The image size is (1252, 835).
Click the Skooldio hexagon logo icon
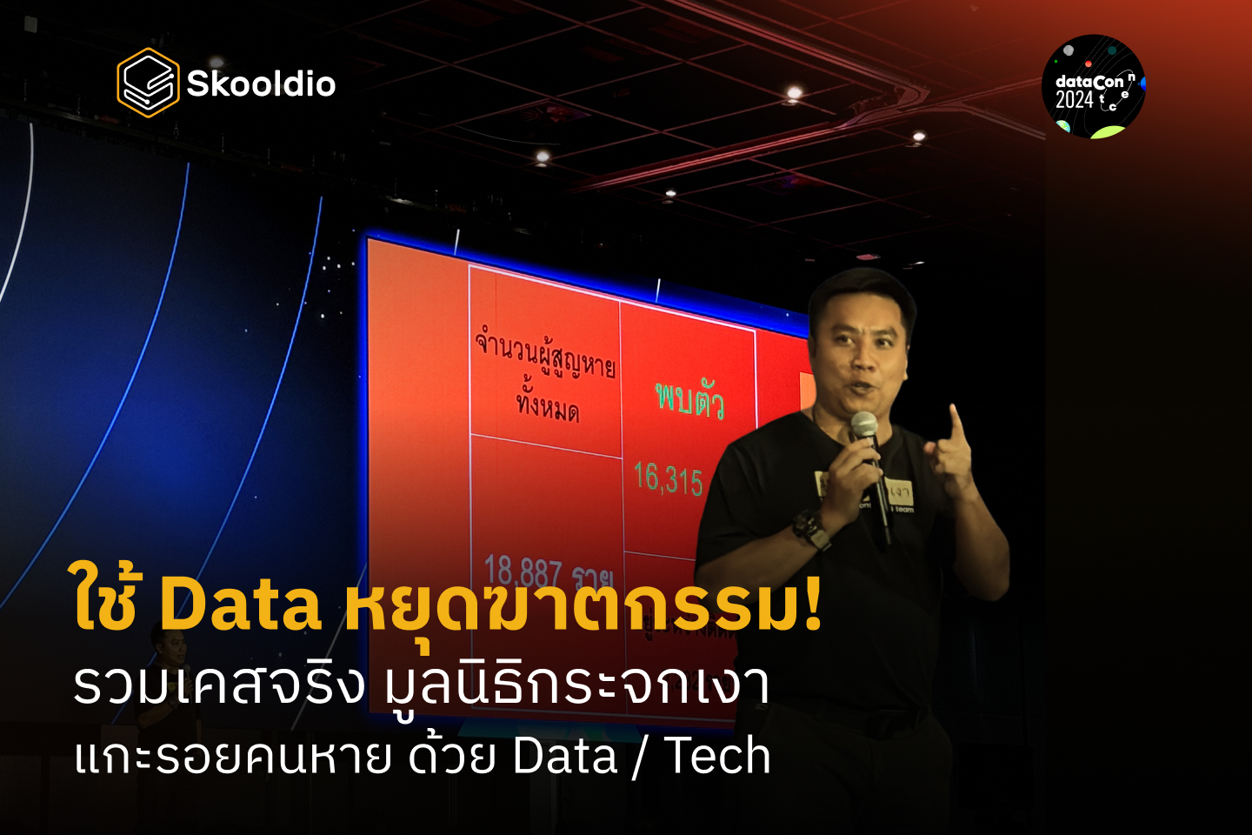pyautogui.click(x=148, y=83)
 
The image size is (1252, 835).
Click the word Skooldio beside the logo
pyautogui.click(x=261, y=84)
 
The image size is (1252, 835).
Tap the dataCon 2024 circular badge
pyautogui.click(x=1094, y=87)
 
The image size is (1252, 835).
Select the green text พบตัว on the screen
pyautogui.click(x=689, y=399)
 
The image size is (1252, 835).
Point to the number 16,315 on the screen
pyautogui.click(x=668, y=479)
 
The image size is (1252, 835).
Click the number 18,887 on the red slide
pyautogui.click(x=523, y=571)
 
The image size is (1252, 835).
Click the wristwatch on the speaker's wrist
pyautogui.click(x=810, y=527)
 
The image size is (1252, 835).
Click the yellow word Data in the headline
pyautogui.click(x=241, y=604)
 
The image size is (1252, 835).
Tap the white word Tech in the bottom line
pyautogui.click(x=717, y=755)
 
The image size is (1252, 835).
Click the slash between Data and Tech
pyautogui.click(x=640, y=756)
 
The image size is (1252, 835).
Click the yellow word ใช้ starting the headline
pyautogui.click(x=105, y=600)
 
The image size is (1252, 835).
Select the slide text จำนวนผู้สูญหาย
pyautogui.click(x=545, y=352)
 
